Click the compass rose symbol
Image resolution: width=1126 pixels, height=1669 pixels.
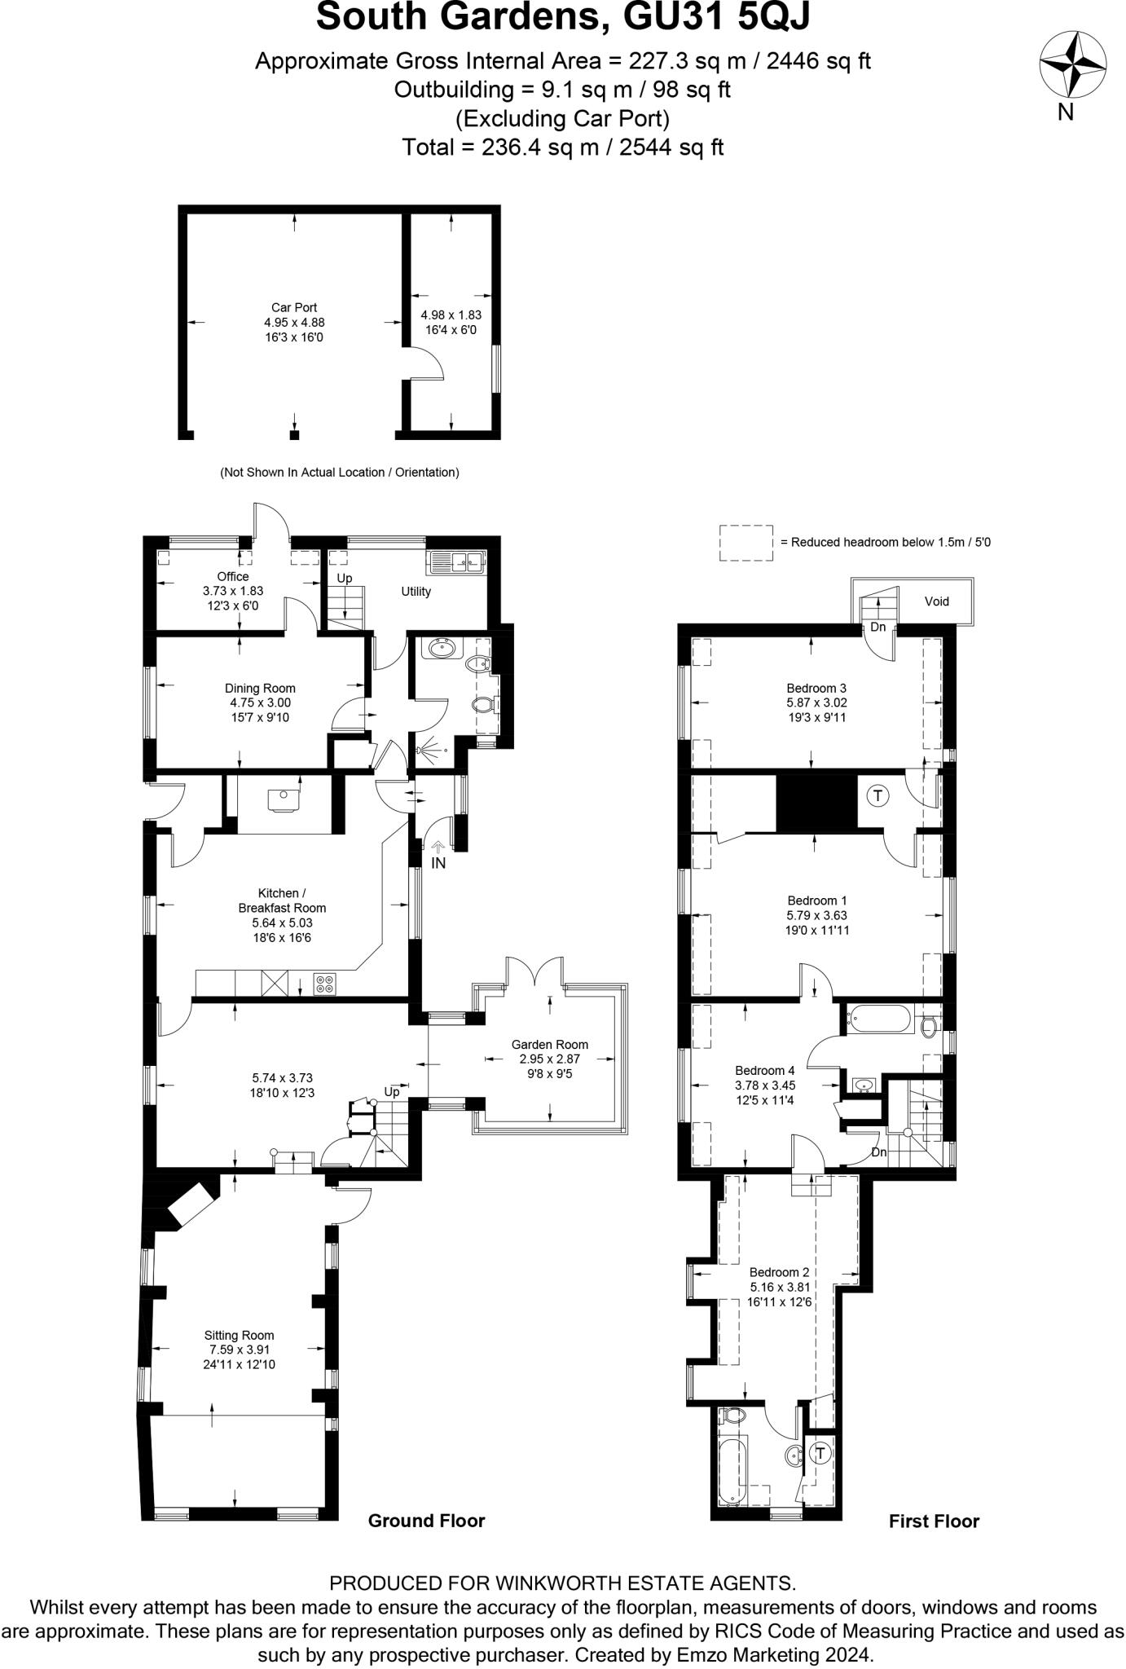(x=1072, y=64)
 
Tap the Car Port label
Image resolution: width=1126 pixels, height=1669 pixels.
(x=294, y=308)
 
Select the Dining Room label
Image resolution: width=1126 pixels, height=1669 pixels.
(x=260, y=689)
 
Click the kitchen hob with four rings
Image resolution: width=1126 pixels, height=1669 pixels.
(x=324, y=984)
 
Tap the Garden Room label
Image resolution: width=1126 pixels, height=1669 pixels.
(x=549, y=1045)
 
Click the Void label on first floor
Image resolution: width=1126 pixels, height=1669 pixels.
(x=937, y=601)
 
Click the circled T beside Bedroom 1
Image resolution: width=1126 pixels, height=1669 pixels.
(x=877, y=795)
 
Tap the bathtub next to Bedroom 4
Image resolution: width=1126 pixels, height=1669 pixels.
(x=880, y=1019)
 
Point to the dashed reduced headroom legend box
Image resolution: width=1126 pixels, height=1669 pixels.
(x=746, y=543)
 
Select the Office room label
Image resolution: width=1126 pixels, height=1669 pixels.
(x=233, y=576)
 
